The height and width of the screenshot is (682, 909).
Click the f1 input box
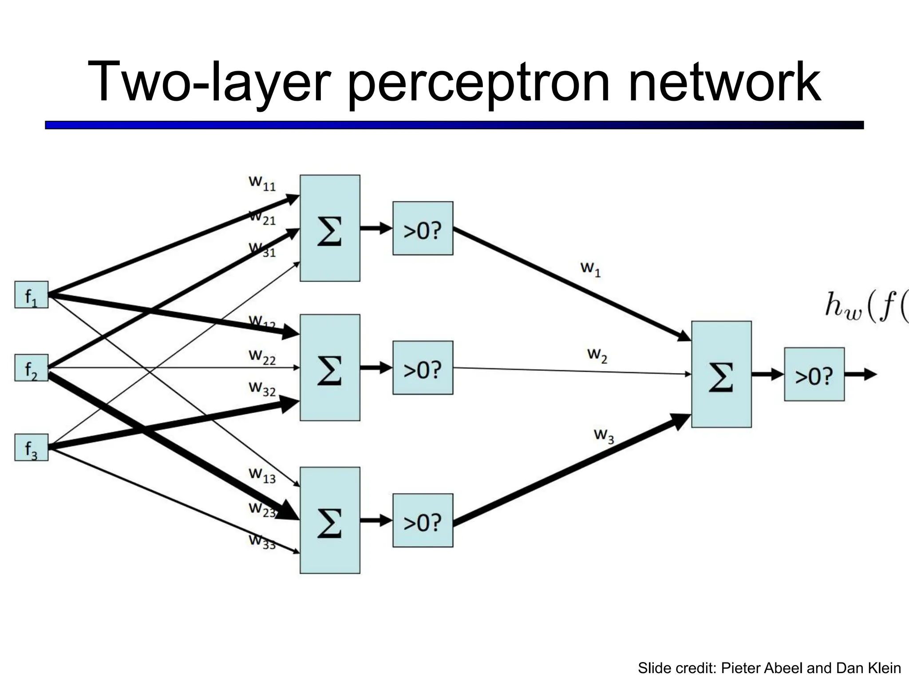click(x=31, y=295)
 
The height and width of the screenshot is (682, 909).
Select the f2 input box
click(x=31, y=368)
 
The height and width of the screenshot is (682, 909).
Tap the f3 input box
click(x=31, y=447)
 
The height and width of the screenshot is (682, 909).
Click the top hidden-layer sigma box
click(x=330, y=228)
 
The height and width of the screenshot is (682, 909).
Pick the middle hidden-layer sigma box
click(x=330, y=368)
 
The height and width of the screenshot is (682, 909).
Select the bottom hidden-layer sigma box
click(x=330, y=520)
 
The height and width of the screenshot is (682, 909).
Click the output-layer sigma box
click(x=721, y=374)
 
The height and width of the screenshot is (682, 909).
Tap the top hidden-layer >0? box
click(x=423, y=228)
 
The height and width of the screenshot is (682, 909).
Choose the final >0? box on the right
click(x=814, y=374)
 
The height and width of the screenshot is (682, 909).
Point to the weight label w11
click(x=262, y=182)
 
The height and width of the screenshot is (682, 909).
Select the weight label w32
click(x=262, y=389)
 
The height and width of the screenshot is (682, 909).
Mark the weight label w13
click(x=262, y=475)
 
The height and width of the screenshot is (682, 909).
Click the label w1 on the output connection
click(x=590, y=269)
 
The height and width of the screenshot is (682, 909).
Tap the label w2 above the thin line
click(x=597, y=355)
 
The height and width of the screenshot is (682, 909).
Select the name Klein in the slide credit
click(x=883, y=668)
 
